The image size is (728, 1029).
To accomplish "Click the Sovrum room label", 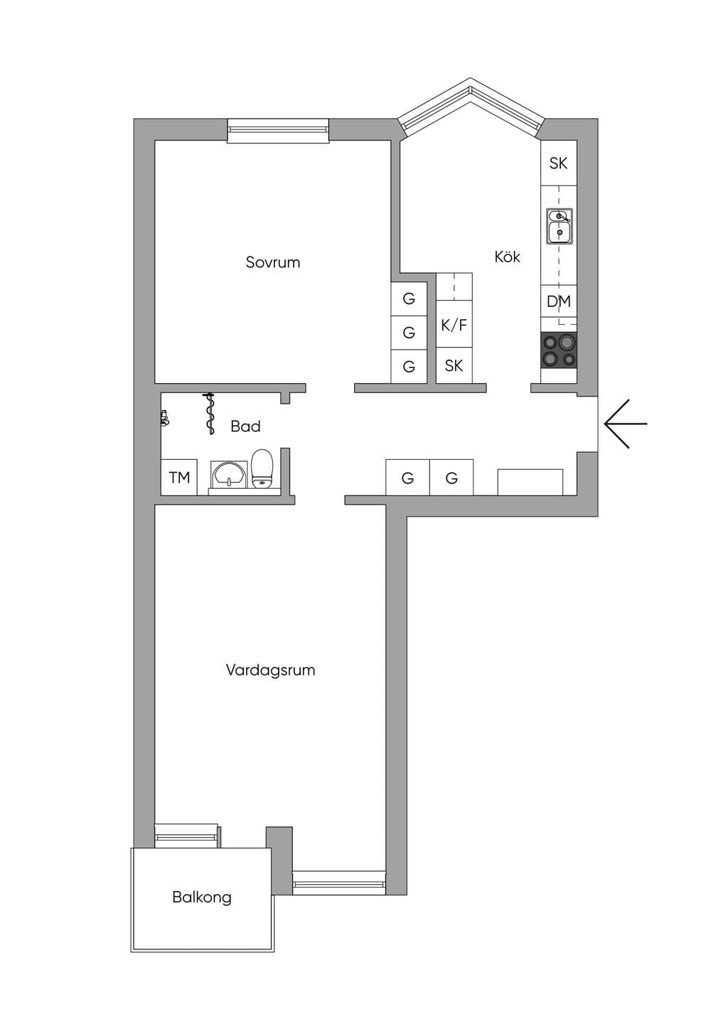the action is [272, 262].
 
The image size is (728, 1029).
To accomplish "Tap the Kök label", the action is [508, 257].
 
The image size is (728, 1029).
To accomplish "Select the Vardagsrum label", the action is [270, 669].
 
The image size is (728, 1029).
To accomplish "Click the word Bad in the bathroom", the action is [245, 426].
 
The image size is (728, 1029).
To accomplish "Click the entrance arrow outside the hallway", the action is [626, 424].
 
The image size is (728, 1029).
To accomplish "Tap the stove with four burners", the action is [559, 350].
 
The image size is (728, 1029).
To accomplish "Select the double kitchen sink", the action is [560, 226].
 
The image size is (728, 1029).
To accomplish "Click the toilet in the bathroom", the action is [262, 468].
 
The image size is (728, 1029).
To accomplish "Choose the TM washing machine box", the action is [178, 478].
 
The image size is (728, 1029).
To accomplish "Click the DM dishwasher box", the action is [559, 301].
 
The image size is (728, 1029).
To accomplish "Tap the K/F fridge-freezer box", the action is [454, 324].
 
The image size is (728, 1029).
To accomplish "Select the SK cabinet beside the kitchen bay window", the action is [559, 163].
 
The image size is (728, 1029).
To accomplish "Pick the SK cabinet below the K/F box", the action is [454, 365].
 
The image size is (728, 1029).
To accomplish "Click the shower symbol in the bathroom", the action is [210, 414].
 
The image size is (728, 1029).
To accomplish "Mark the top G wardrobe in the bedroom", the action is [409, 298].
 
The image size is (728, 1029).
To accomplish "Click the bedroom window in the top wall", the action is [279, 131].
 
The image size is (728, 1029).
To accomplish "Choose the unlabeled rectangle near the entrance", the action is [530, 482].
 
